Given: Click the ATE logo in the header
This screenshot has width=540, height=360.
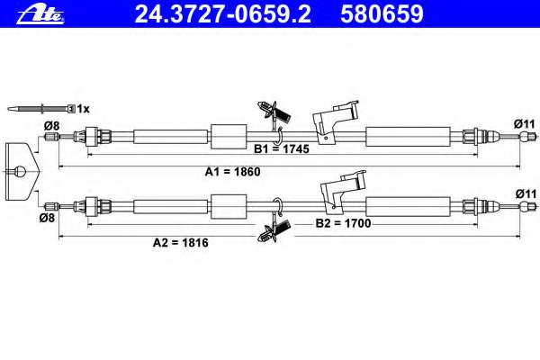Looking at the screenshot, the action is click(40, 14).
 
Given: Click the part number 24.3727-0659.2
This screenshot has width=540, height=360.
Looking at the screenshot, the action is click(222, 14).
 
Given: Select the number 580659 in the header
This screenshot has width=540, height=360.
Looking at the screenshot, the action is click(382, 14).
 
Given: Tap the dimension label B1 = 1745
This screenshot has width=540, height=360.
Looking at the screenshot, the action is click(282, 149).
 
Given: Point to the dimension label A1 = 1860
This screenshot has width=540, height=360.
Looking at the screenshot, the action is click(232, 172).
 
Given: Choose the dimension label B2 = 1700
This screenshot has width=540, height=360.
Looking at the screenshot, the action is click(343, 223).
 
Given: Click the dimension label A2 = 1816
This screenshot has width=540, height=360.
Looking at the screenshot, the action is click(181, 243).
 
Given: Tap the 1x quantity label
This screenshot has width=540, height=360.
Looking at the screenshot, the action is click(83, 109).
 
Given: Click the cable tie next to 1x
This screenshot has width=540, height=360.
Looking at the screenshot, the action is click(41, 109).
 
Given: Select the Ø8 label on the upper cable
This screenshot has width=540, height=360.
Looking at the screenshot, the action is click(51, 126).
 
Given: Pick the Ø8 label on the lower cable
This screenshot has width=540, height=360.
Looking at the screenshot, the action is click(47, 218).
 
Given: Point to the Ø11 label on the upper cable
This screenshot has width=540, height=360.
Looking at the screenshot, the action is click(525, 123).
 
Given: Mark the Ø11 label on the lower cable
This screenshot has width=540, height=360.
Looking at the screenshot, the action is click(526, 194).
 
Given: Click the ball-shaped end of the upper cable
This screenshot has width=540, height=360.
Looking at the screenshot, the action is click(525, 137).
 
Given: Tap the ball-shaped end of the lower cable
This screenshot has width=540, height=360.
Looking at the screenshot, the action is click(525, 207).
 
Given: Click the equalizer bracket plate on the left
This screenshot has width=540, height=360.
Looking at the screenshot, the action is click(22, 172).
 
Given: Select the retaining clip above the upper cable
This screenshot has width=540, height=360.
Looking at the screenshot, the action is click(274, 112).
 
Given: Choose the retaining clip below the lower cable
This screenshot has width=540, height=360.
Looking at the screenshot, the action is click(274, 230).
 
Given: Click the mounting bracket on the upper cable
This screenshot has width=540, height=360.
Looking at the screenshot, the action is click(335, 122).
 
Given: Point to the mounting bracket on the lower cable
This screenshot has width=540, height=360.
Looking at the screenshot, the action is click(343, 191).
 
